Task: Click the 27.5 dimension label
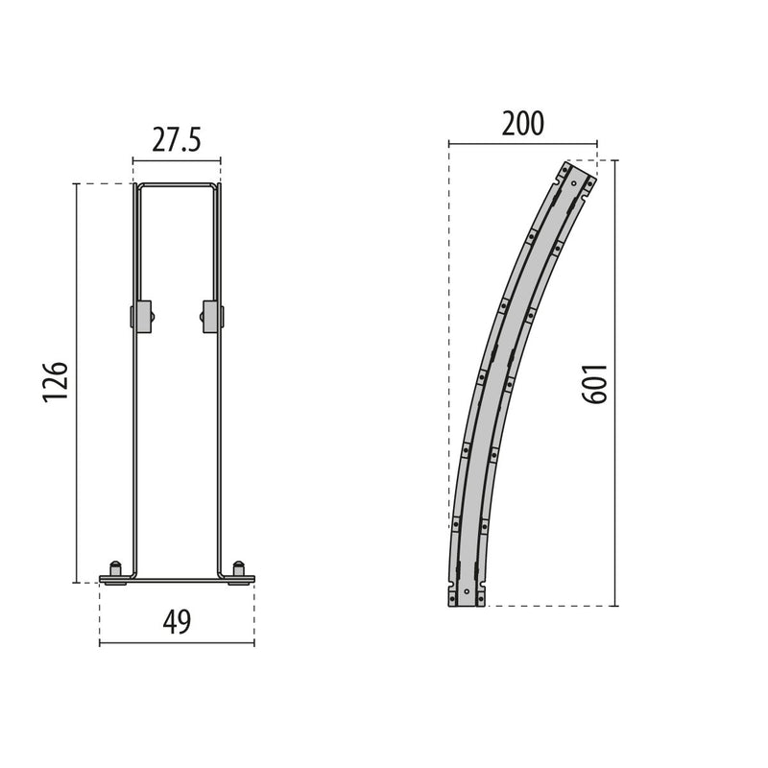point(177,140)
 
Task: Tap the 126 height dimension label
point(55,382)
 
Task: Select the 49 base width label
point(177,622)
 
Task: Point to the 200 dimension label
point(523,124)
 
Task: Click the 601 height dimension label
point(595,383)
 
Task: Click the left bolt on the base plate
point(115,568)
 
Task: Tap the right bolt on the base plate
point(238,568)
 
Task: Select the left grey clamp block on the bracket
point(142,316)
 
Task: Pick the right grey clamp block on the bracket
point(212,316)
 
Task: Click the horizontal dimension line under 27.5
point(177,160)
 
